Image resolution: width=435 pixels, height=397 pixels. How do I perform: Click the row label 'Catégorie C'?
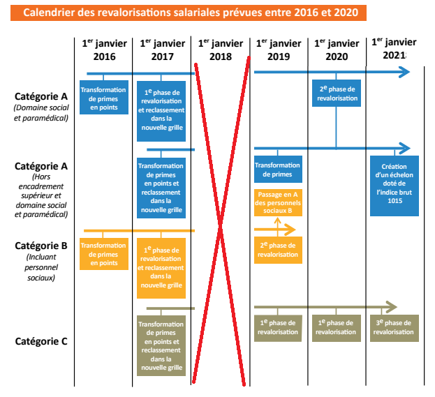pos(40,341)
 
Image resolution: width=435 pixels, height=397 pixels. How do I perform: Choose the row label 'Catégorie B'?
pos(40,246)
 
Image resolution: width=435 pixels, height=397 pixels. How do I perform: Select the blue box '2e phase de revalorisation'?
pos(337,94)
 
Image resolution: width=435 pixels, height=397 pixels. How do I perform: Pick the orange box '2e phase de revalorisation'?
pos(278,250)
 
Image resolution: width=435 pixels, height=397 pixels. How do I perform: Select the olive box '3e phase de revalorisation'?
pos(395,327)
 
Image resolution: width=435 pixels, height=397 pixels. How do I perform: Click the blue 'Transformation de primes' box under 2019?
pos(278,170)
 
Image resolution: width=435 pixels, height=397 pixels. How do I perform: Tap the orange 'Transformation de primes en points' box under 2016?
pos(103,253)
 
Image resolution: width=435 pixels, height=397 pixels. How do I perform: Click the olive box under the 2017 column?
pos(162,346)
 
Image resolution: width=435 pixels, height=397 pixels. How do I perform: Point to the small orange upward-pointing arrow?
pos(278,222)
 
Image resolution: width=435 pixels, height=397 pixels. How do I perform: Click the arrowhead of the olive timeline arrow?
pos(392,307)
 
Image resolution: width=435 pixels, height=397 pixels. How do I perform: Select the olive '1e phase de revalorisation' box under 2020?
pos(337,327)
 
